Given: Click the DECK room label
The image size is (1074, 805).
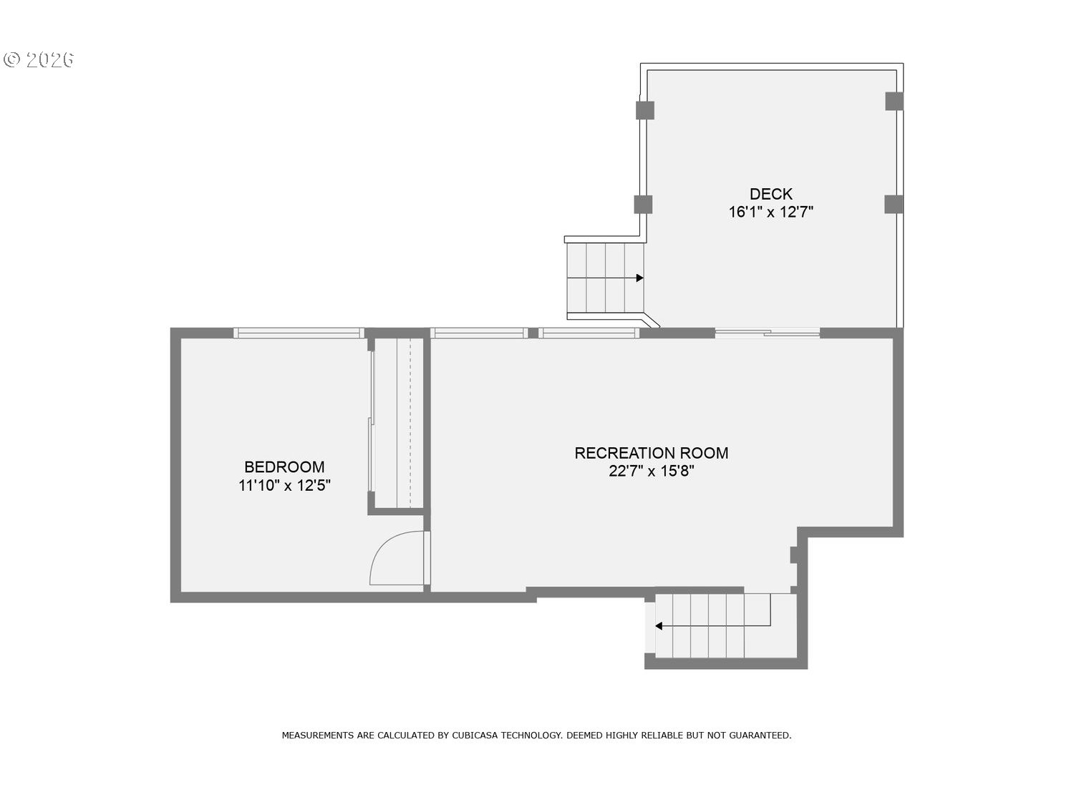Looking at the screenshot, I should (770, 194).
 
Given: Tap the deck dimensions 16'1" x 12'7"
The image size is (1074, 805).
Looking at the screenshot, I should (770, 213).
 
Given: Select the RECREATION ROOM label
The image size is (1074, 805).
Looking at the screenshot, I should (651, 453).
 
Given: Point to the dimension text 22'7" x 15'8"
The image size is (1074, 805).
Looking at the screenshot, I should (651, 472).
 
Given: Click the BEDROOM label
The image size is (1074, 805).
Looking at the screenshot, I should (284, 467).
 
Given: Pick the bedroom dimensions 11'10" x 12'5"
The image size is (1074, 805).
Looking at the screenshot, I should (284, 486).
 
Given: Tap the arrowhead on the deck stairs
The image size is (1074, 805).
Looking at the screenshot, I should (639, 278).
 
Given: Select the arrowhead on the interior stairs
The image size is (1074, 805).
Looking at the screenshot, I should (659, 626).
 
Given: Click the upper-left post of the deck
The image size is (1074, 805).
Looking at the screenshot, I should (644, 110).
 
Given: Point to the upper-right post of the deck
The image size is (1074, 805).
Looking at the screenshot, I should (894, 101).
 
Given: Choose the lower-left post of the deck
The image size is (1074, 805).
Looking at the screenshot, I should (643, 205).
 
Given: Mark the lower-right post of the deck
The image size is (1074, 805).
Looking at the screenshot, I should (894, 205).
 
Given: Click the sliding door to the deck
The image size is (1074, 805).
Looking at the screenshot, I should (768, 333).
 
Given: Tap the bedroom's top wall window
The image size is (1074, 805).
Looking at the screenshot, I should (299, 333).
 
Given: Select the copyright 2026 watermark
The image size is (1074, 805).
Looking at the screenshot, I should (39, 59).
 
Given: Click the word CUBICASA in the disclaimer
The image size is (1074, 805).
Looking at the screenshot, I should (475, 735).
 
